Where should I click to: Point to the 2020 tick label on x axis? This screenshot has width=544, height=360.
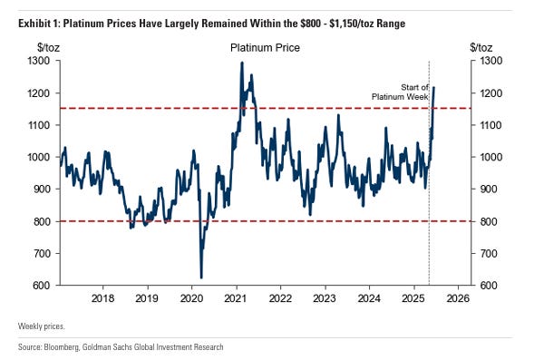pos(191,297)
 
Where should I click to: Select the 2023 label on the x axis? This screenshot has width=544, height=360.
pos(325,297)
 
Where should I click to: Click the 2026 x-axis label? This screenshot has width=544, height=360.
pos(458,297)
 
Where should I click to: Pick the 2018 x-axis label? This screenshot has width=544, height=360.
pos(102,297)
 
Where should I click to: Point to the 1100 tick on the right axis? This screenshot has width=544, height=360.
pos(489,125)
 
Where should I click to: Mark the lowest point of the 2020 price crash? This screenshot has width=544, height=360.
pos(200,277)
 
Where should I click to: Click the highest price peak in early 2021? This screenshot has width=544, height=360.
pos(241,63)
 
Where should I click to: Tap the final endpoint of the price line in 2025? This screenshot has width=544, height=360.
pos(434,88)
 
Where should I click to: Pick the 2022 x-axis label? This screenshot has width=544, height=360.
pos(280,297)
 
